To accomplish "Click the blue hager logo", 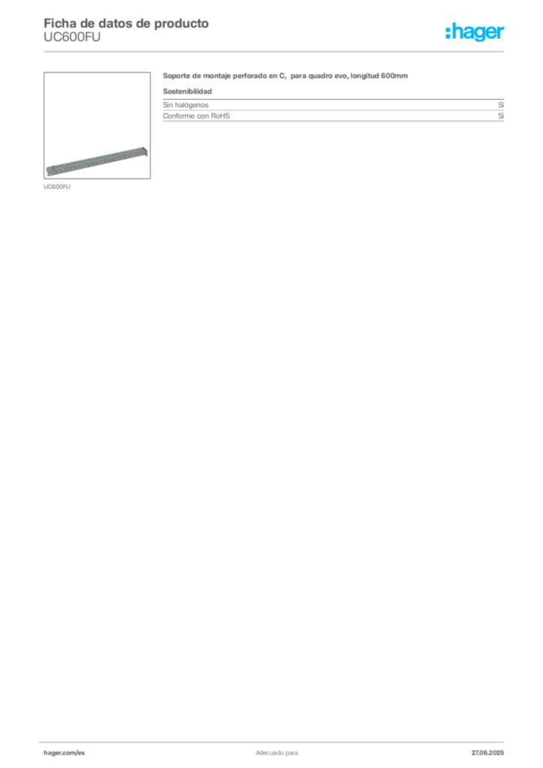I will pos(476,33).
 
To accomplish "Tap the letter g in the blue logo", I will pos(479,34).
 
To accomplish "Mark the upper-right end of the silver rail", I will pos(145,150).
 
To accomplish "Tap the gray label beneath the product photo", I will pos(57,186).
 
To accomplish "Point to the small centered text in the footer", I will pos(275,750).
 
